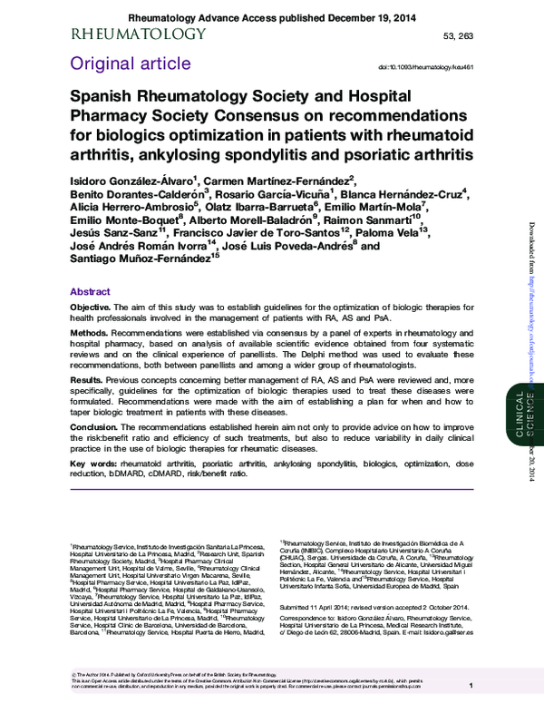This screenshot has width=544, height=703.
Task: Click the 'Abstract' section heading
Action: pyautogui.click(x=91, y=292)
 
